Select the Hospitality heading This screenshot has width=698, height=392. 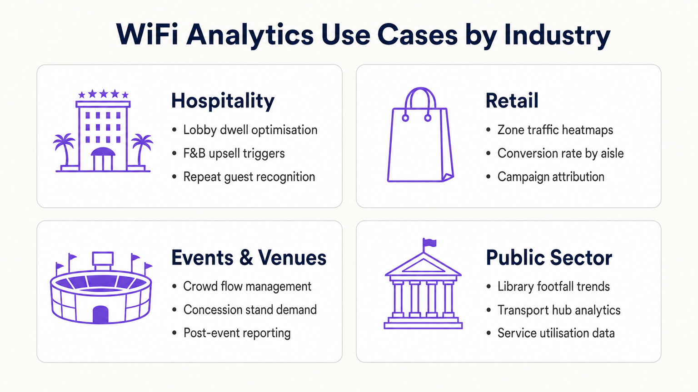223,101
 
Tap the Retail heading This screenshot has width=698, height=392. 512,101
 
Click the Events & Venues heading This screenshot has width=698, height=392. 249,258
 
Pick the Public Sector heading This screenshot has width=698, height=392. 549,258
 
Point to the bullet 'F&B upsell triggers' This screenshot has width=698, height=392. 234,153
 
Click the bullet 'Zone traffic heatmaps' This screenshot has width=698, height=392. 555,130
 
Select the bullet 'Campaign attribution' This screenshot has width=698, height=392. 551,177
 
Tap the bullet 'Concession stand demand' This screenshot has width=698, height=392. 250,310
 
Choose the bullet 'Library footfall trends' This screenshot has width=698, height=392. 553,287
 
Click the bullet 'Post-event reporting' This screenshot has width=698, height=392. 237,333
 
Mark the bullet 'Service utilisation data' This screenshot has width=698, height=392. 556,333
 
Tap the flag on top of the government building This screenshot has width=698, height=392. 430,243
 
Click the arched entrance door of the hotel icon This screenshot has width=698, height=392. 103,160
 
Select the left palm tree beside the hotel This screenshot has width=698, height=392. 64,147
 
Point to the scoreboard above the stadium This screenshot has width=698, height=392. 103,259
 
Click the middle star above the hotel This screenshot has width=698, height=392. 104,94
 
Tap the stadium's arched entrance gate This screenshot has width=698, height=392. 101,314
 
